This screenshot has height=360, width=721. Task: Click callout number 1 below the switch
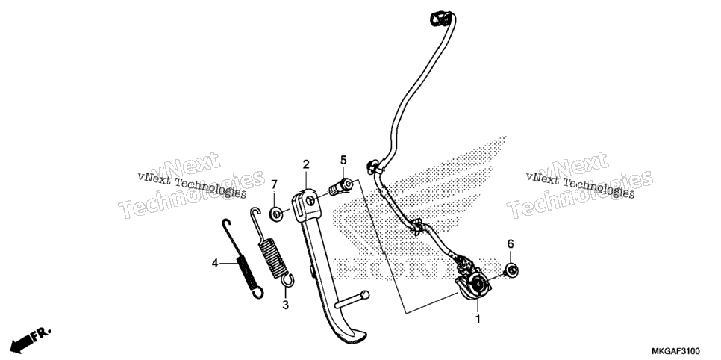478,319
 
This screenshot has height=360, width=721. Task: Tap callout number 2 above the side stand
306,164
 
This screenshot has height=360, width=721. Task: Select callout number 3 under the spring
286,305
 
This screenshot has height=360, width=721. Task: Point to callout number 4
215,264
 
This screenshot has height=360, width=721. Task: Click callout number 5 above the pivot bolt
343,160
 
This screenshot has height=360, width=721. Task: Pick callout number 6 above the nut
511,244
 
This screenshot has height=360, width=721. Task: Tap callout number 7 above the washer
274,184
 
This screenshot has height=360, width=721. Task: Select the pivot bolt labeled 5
341,187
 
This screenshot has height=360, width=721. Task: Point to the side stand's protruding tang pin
352,300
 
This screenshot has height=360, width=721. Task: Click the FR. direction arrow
31,341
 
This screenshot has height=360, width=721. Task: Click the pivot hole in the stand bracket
310,200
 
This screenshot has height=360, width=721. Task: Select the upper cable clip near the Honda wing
373,167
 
